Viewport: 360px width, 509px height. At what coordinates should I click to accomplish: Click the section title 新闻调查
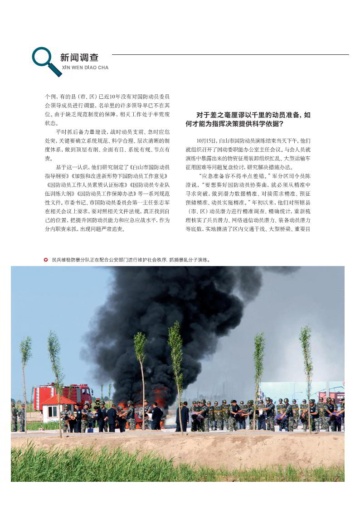pos(79,58)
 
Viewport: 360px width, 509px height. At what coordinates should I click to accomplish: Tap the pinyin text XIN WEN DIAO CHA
pos(85,68)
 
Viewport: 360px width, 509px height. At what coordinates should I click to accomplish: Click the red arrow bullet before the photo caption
pos(46,260)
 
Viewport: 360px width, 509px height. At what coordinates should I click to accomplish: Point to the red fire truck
pos(63,394)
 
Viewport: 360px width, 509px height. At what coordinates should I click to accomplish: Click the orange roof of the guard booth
pos(58,400)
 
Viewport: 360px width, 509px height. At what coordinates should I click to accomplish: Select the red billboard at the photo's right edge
pos(337,396)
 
